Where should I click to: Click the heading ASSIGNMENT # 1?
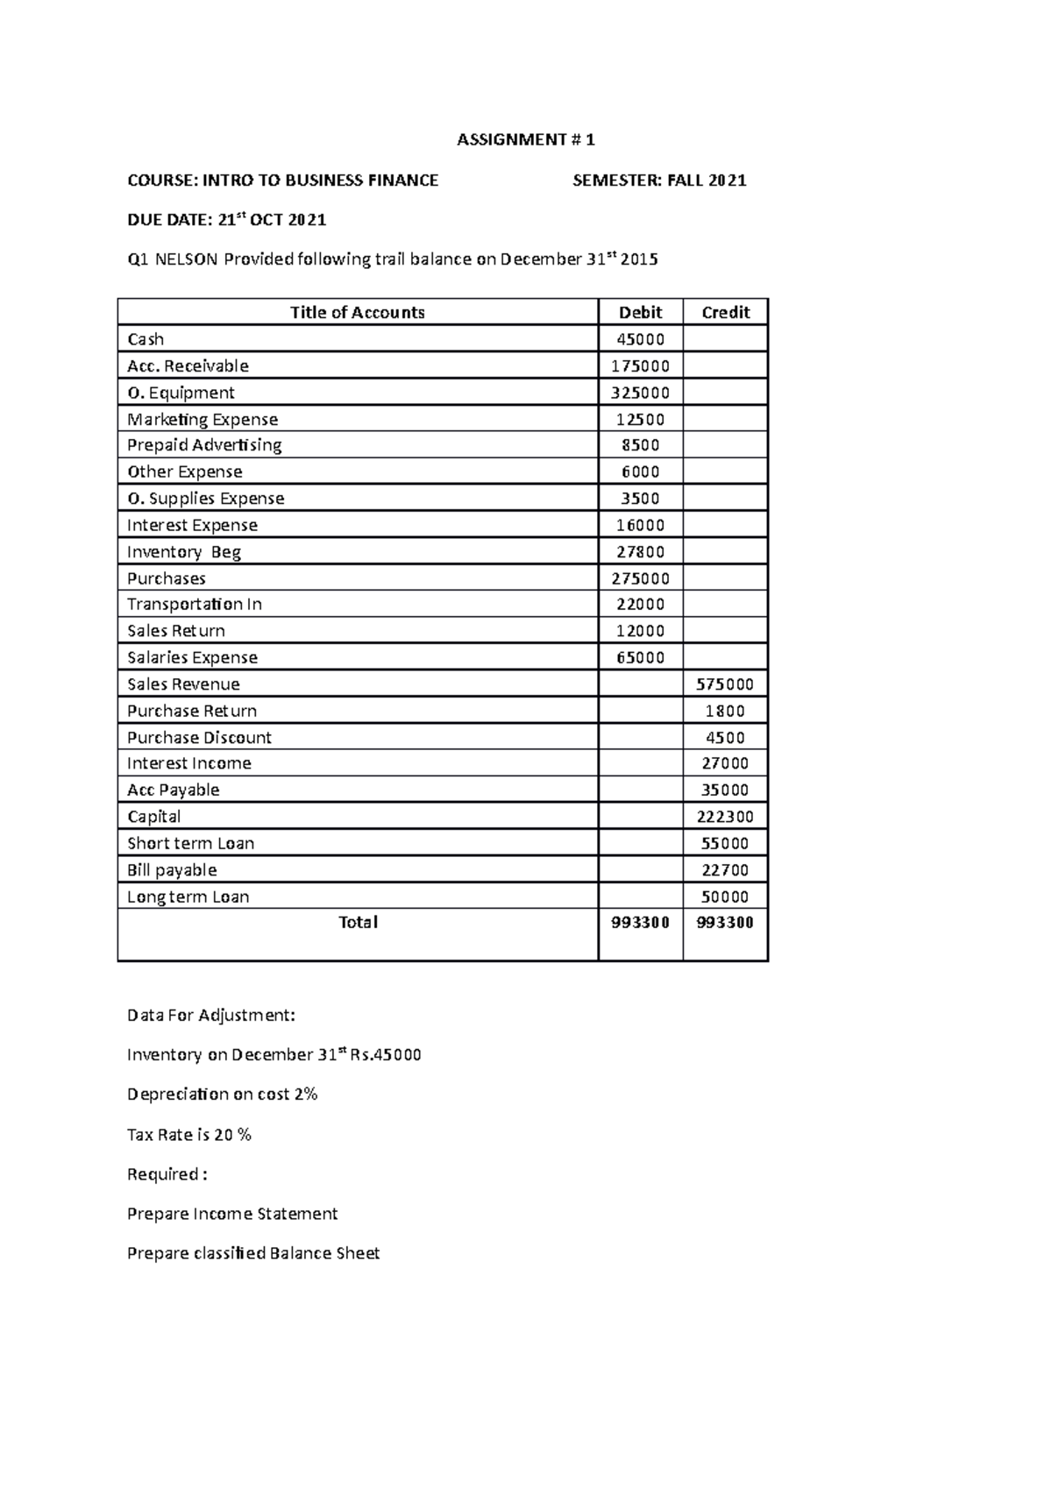coord(525,140)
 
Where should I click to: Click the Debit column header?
coord(640,313)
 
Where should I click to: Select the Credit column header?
coord(725,313)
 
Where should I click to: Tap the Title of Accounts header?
coord(357,313)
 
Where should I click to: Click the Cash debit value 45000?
coord(640,339)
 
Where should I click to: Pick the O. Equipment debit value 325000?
coord(640,393)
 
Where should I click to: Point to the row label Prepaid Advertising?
coord(204,445)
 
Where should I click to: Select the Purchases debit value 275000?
coord(640,578)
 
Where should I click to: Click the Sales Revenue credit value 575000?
coord(725,684)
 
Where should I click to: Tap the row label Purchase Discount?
coord(199,738)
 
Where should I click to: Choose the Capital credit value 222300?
coord(725,817)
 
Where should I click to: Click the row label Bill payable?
coord(172,870)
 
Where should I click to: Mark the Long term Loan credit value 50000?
coord(725,896)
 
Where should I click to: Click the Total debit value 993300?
coord(640,923)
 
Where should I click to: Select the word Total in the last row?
coord(358,923)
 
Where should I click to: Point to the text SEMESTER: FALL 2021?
coord(659,181)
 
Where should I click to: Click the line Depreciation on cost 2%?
coord(222,1095)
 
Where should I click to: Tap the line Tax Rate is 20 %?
coord(188,1135)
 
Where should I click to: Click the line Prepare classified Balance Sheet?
coord(253,1254)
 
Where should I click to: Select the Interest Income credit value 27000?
coord(725,763)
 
